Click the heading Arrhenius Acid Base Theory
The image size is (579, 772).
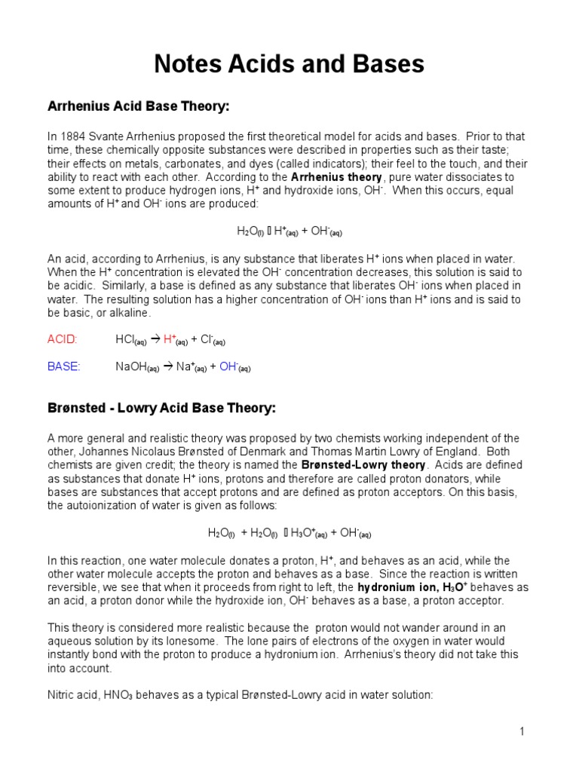[138, 107]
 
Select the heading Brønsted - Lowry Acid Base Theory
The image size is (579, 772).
[162, 408]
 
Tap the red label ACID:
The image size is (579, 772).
[63, 339]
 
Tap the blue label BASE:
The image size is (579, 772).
[63, 366]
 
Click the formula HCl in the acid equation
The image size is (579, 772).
[124, 339]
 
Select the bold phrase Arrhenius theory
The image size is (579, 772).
[332, 177]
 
